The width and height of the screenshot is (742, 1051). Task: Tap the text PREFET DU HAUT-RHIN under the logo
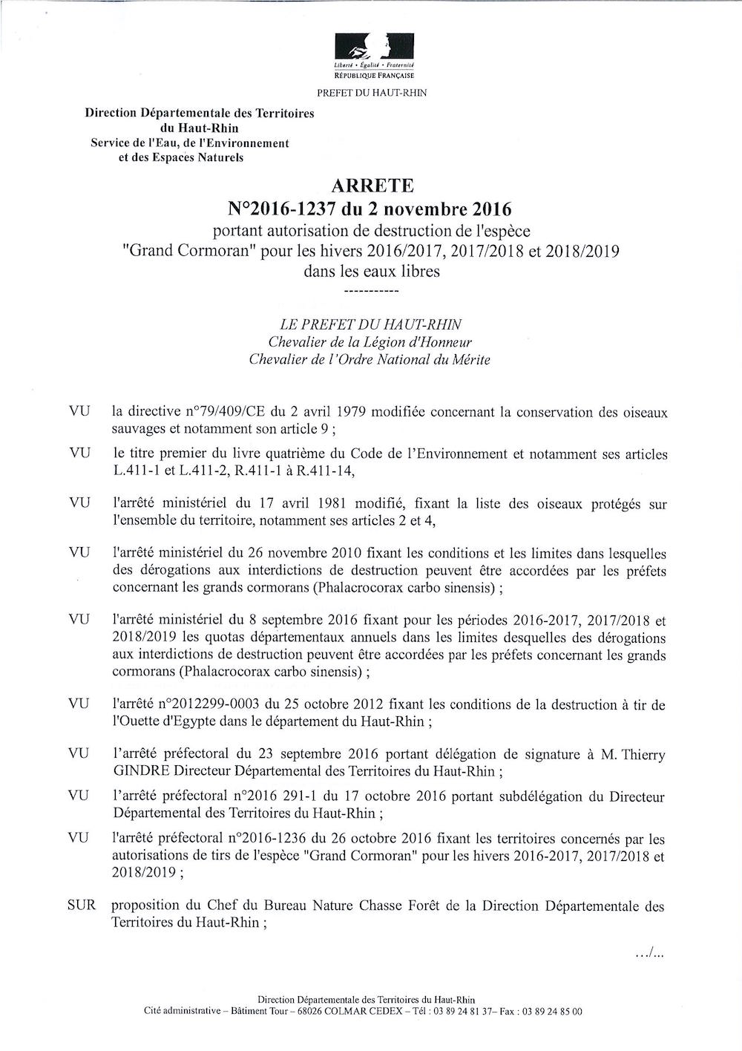372,93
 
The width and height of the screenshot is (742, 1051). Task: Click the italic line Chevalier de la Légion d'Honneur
370,342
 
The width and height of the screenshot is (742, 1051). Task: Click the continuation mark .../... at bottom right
649,954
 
